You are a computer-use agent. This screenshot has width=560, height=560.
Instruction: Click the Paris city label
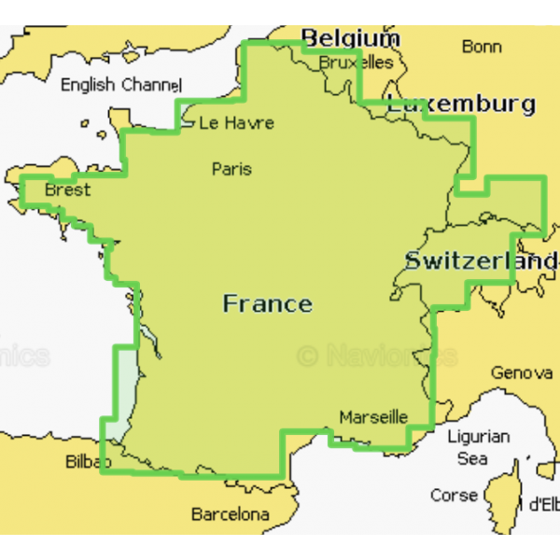[x=231, y=169]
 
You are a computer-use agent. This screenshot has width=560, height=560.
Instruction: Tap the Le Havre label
[x=236, y=122]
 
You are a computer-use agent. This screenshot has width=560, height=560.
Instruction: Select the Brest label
[x=67, y=190]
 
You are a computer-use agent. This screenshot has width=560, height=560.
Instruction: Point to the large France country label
[x=267, y=303]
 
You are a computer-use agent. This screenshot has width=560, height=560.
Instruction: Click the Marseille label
[x=373, y=416]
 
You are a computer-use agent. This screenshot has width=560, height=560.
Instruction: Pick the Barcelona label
[x=230, y=513]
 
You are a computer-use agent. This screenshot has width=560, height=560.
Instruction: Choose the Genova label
[x=522, y=372]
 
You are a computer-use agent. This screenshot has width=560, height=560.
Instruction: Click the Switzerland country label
[x=480, y=261]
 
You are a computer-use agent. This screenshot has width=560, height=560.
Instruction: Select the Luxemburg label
[x=461, y=104]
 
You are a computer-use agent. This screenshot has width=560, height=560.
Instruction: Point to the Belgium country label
[x=350, y=38]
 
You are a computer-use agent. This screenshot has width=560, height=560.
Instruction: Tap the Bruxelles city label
[x=356, y=63]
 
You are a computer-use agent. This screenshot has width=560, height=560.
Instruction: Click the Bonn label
[x=482, y=46]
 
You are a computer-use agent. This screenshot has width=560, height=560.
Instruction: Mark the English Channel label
[x=120, y=85]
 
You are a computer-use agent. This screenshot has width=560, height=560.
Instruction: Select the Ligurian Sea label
[x=478, y=447]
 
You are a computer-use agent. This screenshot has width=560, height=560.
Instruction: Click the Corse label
[x=454, y=495]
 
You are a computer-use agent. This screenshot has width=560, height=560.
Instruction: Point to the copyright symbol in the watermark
[x=307, y=356]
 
